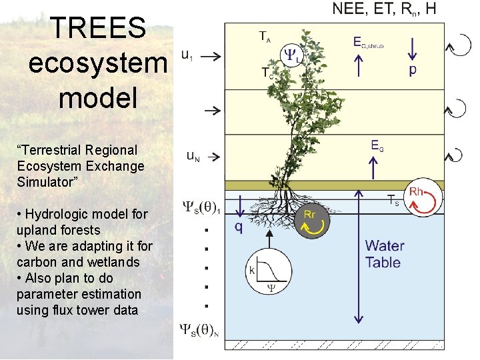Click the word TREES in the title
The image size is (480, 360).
97,28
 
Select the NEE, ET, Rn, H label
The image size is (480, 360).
385,9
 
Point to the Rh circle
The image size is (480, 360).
425,198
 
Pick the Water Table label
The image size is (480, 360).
385,254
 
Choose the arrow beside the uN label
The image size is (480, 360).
213,158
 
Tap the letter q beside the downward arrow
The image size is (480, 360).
238,227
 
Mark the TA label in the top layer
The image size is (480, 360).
265,36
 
